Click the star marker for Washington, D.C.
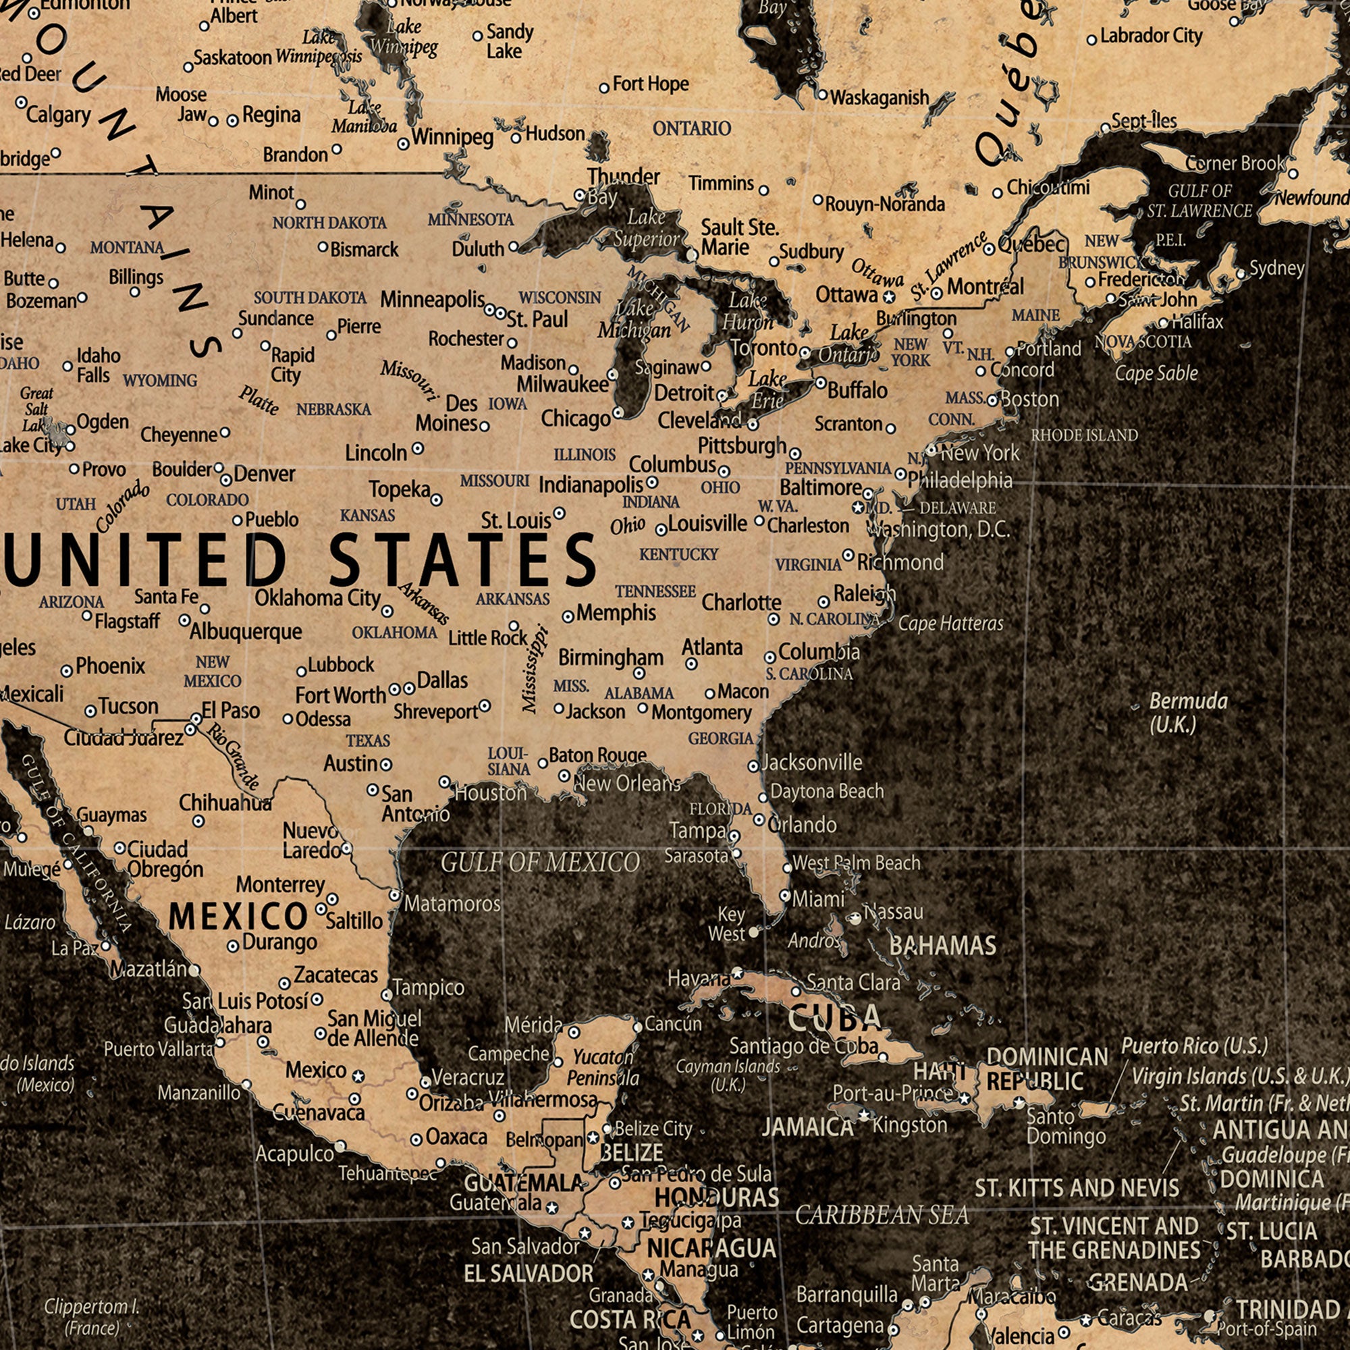(x=858, y=508)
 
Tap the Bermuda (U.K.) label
(x=1188, y=712)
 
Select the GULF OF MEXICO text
(x=540, y=863)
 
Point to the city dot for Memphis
(x=568, y=616)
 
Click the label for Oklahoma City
(x=317, y=598)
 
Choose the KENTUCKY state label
(x=678, y=554)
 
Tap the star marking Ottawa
(x=889, y=298)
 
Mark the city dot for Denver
(x=226, y=480)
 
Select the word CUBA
(x=835, y=1019)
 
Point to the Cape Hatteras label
(x=950, y=623)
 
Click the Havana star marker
(x=737, y=973)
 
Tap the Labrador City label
(x=1151, y=36)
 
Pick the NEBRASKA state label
(x=333, y=410)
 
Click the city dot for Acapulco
(x=340, y=1146)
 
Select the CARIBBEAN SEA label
(x=882, y=1215)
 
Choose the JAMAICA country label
(x=808, y=1127)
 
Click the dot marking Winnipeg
(x=403, y=144)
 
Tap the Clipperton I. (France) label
(x=92, y=1316)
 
